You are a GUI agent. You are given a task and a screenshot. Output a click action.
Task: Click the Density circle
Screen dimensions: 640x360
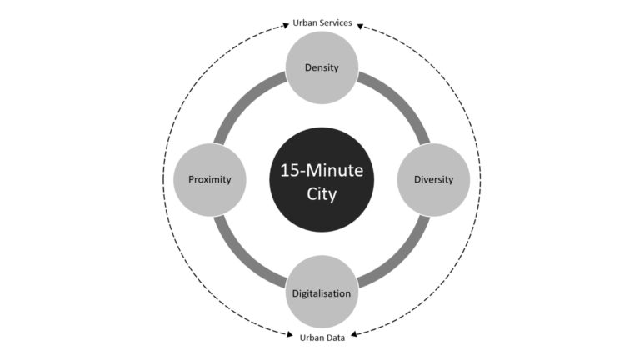click(x=322, y=67)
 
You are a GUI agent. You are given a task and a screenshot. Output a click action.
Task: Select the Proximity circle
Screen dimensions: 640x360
click(x=210, y=180)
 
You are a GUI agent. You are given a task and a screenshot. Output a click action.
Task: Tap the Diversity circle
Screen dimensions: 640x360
click(x=434, y=180)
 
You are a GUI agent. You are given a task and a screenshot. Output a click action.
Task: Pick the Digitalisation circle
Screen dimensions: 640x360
click(x=322, y=292)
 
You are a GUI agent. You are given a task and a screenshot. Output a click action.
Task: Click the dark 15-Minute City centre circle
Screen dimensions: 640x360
click(x=322, y=180)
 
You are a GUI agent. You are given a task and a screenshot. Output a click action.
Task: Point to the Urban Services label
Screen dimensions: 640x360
click(x=322, y=22)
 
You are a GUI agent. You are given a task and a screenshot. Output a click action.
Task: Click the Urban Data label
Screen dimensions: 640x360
click(x=322, y=337)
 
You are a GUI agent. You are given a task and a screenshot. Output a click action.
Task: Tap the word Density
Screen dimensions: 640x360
click(x=322, y=67)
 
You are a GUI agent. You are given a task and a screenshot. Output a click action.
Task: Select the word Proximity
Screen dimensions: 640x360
click(x=210, y=180)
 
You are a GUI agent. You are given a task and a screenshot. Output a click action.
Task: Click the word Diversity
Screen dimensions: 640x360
click(x=434, y=180)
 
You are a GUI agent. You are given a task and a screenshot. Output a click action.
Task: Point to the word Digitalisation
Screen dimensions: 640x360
click(x=322, y=293)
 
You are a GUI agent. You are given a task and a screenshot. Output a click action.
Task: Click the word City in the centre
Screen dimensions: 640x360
click(x=322, y=194)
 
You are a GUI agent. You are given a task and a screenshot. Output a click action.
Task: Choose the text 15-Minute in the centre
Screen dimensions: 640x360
click(x=322, y=170)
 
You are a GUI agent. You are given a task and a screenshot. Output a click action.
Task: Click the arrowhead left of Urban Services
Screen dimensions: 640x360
click(x=286, y=25)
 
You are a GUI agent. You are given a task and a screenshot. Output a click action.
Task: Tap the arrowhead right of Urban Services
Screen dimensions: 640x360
click(x=360, y=27)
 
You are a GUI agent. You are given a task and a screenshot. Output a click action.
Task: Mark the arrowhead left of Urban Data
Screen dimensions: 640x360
click(x=290, y=335)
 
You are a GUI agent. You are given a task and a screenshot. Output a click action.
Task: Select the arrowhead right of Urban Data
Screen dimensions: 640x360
click(x=354, y=334)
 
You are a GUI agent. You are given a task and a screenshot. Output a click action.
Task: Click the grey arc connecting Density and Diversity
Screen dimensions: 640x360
click(x=400, y=102)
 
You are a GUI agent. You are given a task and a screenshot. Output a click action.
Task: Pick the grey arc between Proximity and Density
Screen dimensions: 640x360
click(x=244, y=102)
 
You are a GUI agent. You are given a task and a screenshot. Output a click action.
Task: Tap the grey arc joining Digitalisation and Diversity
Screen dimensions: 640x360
click(x=400, y=257)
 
